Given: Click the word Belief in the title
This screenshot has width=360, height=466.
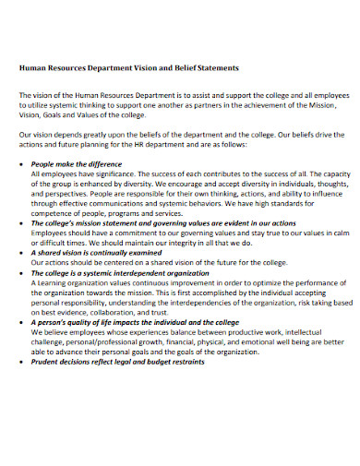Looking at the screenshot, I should click(182, 68).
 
